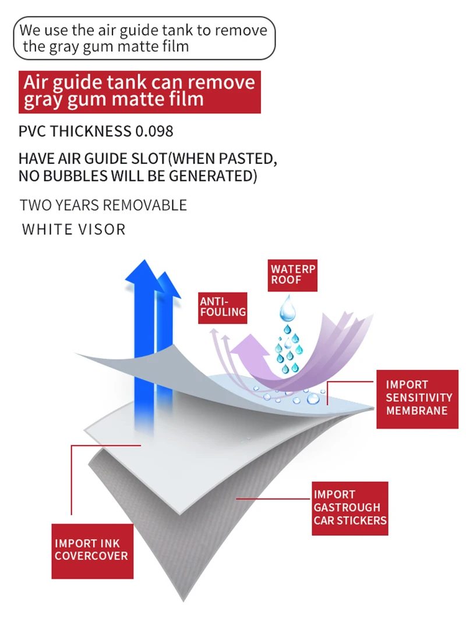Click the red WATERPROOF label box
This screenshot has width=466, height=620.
294,275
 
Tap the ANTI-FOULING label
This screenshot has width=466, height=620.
223,307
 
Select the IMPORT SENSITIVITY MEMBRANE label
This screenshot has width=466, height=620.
417,398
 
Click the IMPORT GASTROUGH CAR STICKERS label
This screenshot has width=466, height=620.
349,508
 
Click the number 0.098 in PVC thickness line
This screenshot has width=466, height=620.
154,131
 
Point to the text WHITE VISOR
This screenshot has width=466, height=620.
73,229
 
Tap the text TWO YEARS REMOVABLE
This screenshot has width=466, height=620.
103,205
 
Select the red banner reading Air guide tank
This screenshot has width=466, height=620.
139,91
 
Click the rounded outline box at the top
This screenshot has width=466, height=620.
144,38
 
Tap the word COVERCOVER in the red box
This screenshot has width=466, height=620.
91,556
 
